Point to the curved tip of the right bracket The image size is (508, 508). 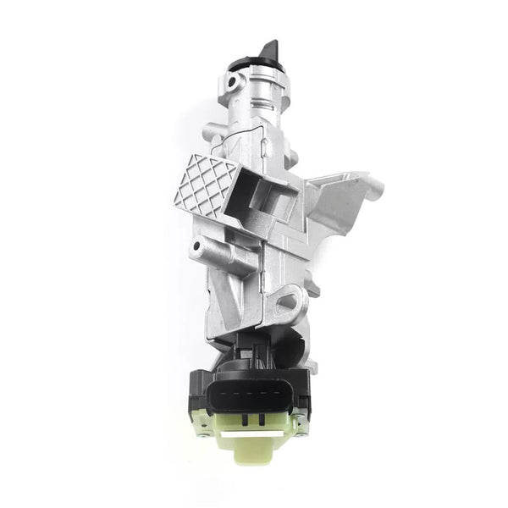coord(373,188)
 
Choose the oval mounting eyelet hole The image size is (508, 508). coord(288,301)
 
